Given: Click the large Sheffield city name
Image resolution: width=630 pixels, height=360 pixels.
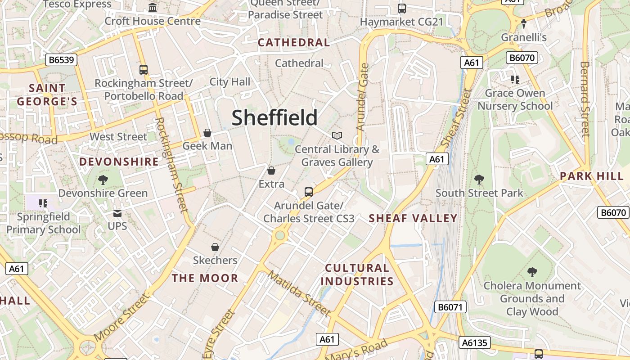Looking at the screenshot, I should [274, 118].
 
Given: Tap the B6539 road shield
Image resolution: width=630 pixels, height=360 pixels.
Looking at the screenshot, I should [61, 60].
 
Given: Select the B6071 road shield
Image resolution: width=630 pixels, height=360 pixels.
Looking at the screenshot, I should [450, 307].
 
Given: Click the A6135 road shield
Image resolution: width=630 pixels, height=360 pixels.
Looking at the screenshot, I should [475, 343].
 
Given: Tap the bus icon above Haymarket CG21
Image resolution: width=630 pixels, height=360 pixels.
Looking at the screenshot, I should [402, 8].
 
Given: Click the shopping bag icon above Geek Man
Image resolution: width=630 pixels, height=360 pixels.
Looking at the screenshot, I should [207, 133].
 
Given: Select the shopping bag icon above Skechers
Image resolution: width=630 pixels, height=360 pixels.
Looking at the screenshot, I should [215, 247].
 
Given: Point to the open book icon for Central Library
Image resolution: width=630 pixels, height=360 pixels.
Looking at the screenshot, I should [337, 135].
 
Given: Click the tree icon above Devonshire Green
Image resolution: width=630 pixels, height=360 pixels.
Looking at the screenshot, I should [103, 180].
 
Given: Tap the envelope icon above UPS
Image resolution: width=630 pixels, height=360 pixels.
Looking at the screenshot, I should [117, 213].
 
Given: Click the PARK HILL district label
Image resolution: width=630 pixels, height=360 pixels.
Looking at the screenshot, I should [592, 176].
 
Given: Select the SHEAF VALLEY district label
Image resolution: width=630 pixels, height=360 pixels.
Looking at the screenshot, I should [413, 219].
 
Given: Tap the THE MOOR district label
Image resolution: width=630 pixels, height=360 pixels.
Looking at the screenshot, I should [205, 278].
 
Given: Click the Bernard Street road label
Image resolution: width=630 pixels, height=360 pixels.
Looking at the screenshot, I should [585, 99].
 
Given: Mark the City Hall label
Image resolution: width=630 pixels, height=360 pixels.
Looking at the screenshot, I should [229, 82].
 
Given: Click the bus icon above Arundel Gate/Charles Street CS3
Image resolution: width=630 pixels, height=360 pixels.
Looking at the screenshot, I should [309, 192].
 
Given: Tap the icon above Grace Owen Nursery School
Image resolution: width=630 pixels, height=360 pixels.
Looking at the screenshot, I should [515, 80].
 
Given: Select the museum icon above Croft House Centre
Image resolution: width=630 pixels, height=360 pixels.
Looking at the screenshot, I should [153, 8].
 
